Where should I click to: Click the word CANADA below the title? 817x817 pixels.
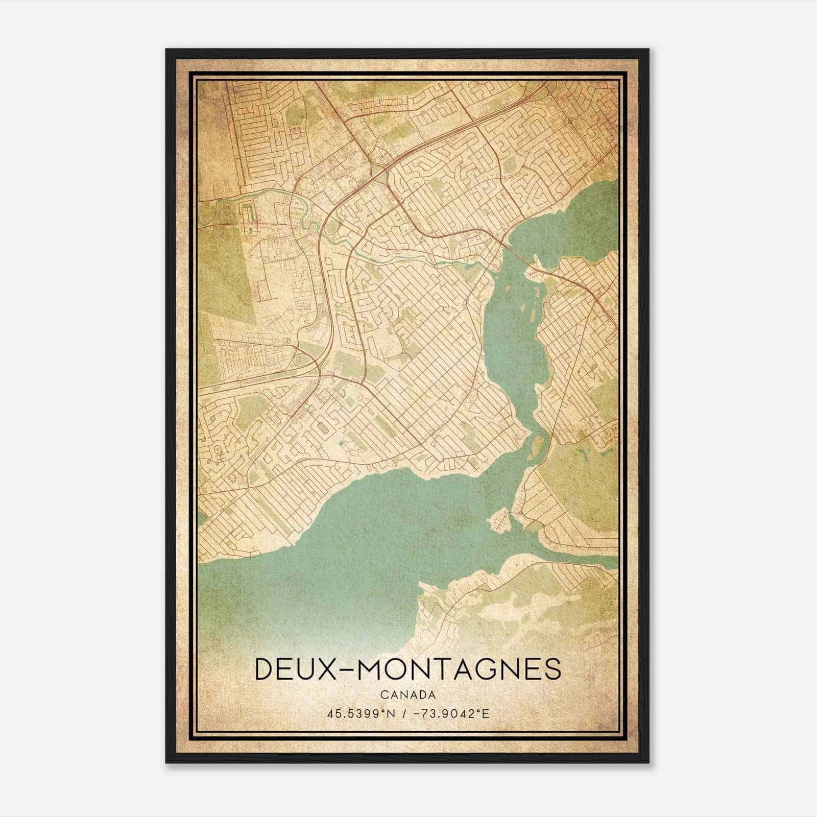[408, 694]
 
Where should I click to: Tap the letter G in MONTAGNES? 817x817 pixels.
[490, 669]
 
